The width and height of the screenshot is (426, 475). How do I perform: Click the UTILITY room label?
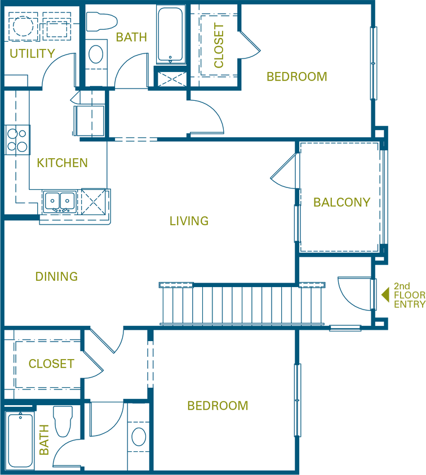[x=32, y=53]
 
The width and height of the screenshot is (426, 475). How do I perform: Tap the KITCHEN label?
[x=62, y=163]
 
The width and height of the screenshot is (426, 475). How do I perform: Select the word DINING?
[x=56, y=276]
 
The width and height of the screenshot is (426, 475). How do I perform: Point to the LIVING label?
[x=189, y=221]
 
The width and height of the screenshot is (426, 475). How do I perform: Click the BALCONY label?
[x=341, y=202]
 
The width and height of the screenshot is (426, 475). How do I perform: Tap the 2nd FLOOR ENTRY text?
[x=409, y=295]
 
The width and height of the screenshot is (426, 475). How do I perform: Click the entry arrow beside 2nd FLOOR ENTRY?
[x=385, y=295]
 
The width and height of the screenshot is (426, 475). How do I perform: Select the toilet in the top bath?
[x=101, y=21]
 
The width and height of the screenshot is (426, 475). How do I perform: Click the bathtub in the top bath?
[x=170, y=34]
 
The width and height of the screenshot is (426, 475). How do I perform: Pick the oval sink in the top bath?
[x=95, y=54]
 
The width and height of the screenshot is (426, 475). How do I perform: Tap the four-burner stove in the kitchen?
[x=17, y=140]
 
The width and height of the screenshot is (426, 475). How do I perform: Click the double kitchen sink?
[x=60, y=201]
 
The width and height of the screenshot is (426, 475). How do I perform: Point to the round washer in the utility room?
[x=23, y=26]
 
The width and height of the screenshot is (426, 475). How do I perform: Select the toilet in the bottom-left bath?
[x=63, y=421]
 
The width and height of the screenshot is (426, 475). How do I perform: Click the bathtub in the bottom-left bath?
[x=20, y=440]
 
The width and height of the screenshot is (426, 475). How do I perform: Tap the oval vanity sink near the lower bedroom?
[x=139, y=437]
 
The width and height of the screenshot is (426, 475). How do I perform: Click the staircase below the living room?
[x=242, y=304]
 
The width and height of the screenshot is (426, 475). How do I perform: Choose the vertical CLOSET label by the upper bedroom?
[x=219, y=45]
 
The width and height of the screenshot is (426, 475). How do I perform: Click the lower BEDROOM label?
[x=218, y=406]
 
